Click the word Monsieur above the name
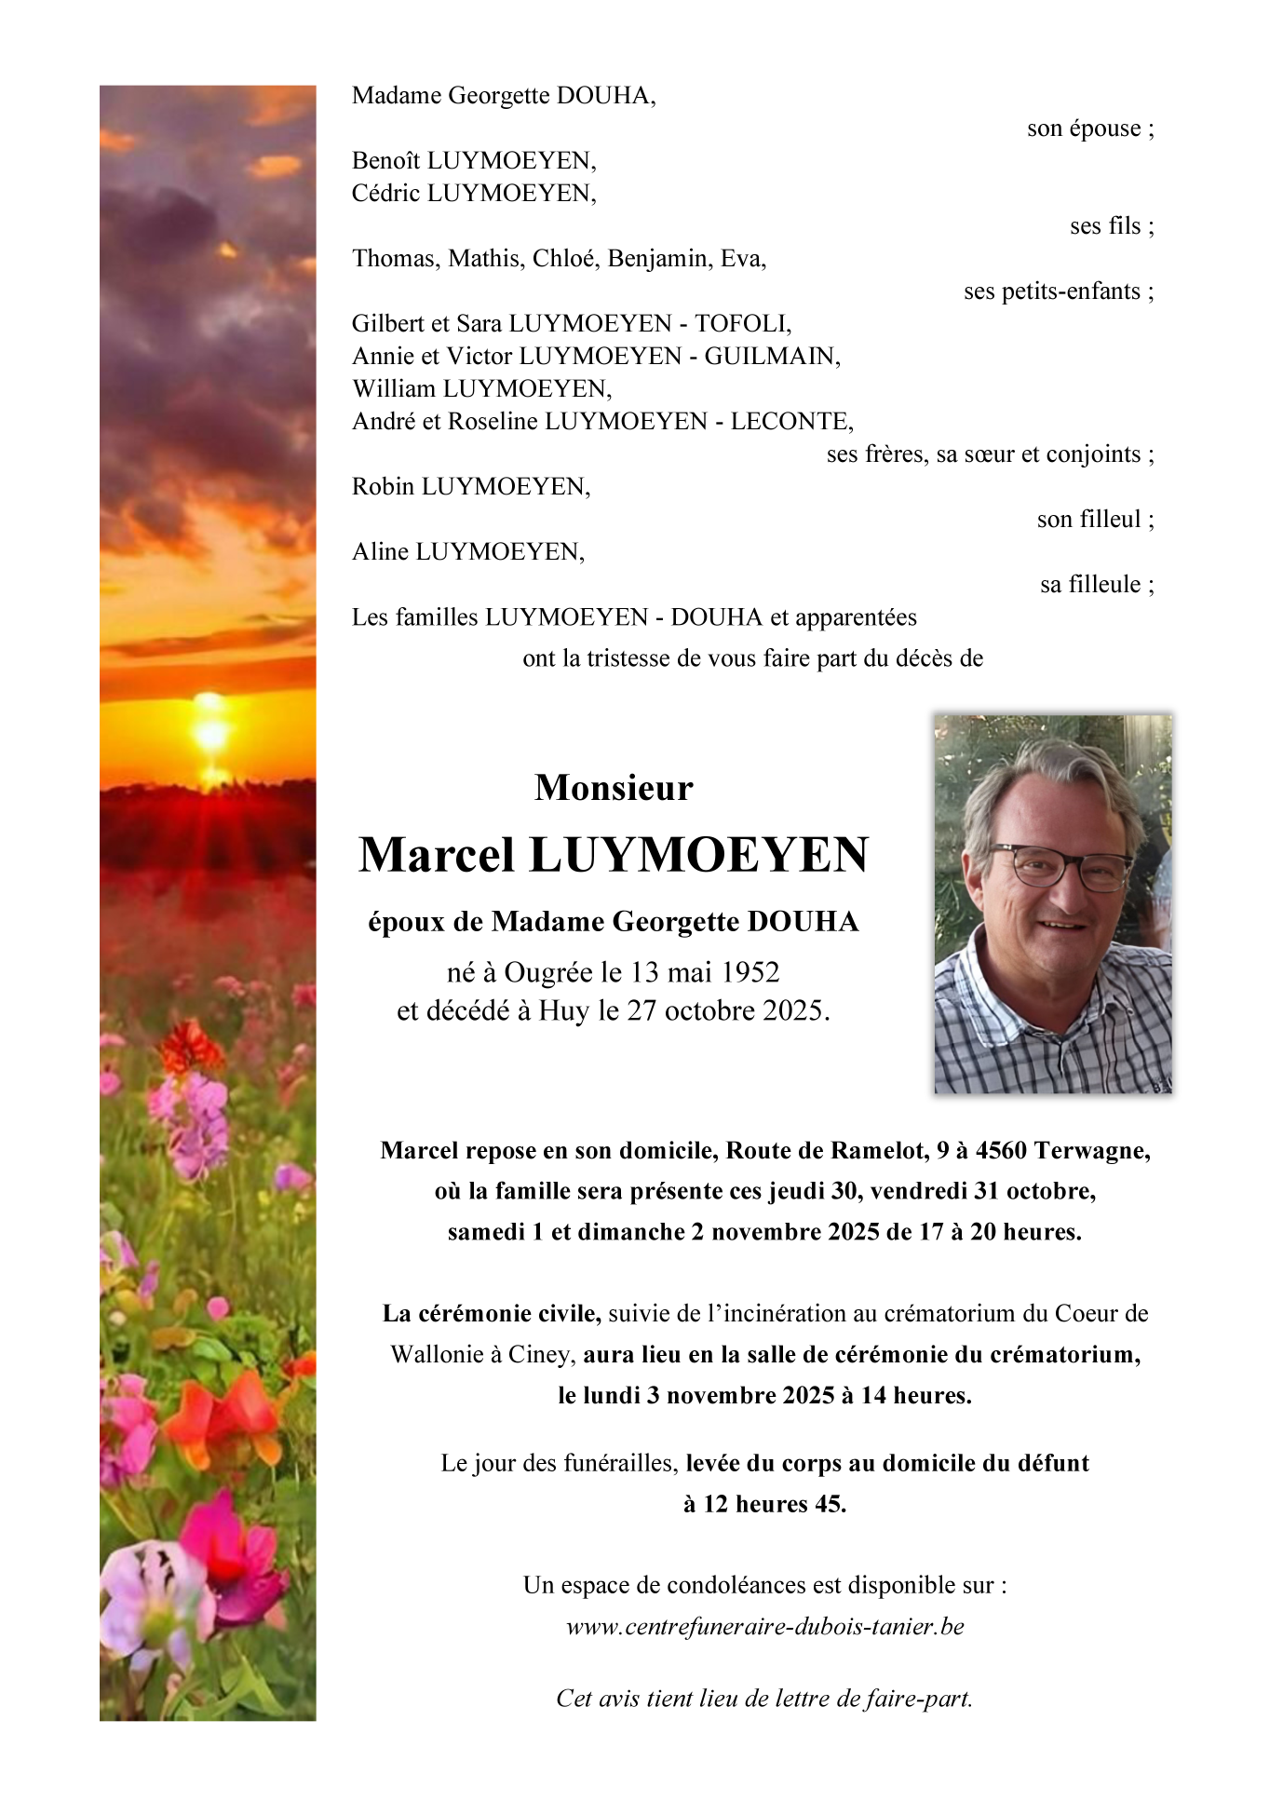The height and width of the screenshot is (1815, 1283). [x=614, y=788]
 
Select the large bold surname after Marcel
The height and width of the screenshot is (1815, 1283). [x=698, y=855]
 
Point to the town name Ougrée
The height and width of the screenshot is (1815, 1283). [x=548, y=972]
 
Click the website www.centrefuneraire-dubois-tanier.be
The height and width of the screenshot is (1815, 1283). [x=764, y=1627]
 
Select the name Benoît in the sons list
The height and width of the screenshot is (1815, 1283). [x=385, y=160]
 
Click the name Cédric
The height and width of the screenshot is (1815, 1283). [x=385, y=193]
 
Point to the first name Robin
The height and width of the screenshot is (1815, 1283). [x=383, y=486]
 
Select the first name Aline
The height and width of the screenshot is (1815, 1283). [x=380, y=551]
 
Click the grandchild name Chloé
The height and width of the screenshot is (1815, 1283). [x=566, y=258]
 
